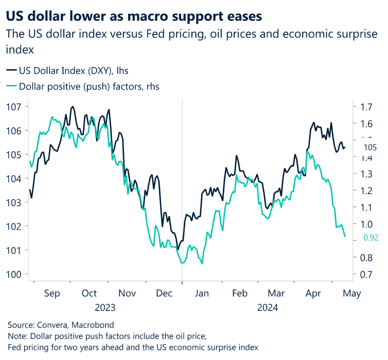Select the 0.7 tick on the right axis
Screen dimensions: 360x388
pos(363,274)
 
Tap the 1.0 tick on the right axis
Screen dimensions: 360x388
pos(363,224)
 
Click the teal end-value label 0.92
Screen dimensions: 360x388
pos(371,238)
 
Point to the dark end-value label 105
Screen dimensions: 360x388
pos(371,147)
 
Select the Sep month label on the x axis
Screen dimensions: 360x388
pos(52,294)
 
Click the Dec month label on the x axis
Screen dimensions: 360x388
pos(165,294)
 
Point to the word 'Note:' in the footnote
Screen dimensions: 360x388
pos(17,336)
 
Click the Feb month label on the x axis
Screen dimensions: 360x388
pos(239,294)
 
